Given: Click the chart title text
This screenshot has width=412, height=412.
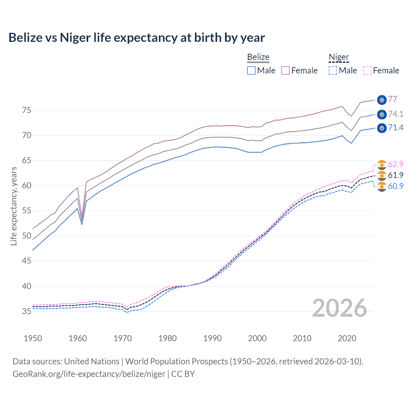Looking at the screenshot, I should point(136,38).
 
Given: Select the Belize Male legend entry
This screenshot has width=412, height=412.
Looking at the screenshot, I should point(261,70).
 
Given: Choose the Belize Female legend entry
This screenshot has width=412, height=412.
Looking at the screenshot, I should point(300,70).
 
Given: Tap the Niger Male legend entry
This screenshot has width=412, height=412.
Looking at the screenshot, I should point(343,70).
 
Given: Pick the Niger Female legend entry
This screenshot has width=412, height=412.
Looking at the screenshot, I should point(381,70).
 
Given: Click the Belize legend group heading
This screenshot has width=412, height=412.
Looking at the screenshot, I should point(258,57).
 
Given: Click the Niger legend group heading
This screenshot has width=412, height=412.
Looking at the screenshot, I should point(339,57).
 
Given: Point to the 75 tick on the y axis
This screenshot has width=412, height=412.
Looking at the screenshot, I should point(26,110).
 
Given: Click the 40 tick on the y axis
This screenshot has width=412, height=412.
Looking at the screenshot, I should point(26,286).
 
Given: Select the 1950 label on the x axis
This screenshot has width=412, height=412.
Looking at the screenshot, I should point(33,338).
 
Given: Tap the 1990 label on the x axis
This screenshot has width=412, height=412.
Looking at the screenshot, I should point(212,338).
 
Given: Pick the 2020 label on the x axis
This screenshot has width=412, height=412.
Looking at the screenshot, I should point(347,338).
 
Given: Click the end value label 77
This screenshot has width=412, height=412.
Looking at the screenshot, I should point(392,99).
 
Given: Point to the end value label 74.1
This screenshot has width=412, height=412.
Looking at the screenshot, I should point(396,114).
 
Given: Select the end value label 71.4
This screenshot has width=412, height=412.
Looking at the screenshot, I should point(396,128).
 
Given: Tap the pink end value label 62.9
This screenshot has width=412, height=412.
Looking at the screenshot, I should point(396,164).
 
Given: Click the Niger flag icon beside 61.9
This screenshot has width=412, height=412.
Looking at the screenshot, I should point(382,175).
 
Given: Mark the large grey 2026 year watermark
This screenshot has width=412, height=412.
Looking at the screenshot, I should point(339,308).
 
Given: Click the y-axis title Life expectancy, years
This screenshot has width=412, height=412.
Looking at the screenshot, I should point(14,206).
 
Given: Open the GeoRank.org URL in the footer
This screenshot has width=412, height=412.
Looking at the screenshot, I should point(89,374).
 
